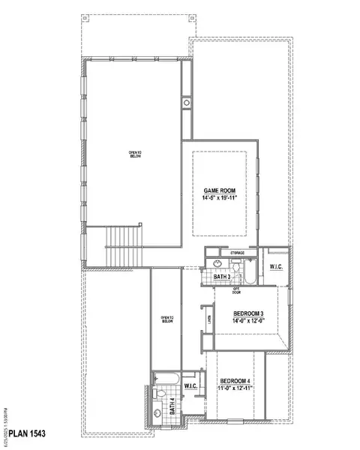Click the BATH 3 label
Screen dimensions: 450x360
[223, 277]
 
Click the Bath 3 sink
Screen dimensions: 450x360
[217, 264]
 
